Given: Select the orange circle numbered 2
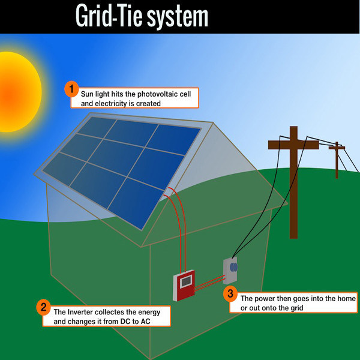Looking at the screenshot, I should coord(43,308).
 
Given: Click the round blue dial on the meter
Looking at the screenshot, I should coord(235,266).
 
